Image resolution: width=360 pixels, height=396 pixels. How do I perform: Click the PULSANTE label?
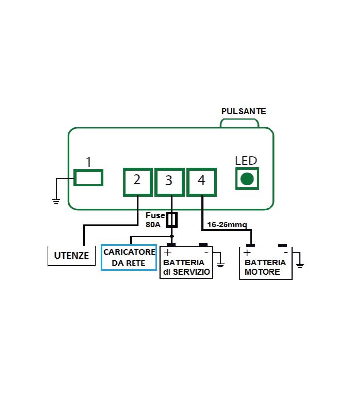pos(243,111)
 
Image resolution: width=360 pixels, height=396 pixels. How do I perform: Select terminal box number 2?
pos(137,181)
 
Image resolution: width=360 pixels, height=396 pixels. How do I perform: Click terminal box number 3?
pos(169,181)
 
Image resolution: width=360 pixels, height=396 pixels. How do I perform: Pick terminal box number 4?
pos(201,181)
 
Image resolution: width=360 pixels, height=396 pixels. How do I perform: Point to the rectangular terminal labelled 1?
pos(89,177)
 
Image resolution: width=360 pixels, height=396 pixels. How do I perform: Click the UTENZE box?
pos(72,256)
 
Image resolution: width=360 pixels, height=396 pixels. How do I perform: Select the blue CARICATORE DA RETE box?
pos(129,257)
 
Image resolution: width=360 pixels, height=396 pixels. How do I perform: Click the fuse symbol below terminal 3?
pos(172,220)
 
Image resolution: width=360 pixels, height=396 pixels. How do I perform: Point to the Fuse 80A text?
pos(154,220)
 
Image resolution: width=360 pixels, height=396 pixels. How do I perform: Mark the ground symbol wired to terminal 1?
pos(56,200)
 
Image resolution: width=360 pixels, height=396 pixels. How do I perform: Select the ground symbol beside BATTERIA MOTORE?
pos(299,265)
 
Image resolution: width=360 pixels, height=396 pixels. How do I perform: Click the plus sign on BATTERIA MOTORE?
pos(247,252)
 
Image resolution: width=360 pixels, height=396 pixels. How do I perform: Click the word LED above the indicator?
pos(246,161)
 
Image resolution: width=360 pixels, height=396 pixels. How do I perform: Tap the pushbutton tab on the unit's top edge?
pos(240,123)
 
